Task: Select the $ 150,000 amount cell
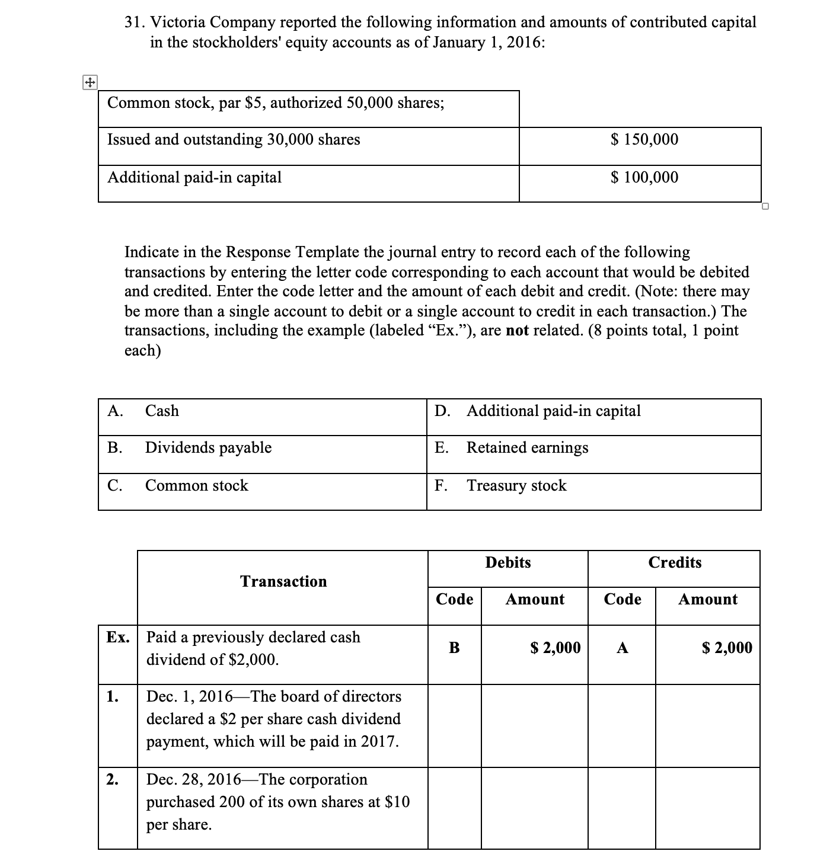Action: [644, 140]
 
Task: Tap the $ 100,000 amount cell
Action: [644, 177]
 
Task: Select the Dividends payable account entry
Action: [208, 448]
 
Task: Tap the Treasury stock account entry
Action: [516, 486]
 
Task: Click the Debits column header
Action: [508, 563]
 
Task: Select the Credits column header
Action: [675, 563]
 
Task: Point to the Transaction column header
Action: [283, 581]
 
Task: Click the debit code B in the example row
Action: [454, 648]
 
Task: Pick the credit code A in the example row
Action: [622, 648]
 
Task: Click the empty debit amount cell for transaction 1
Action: [534, 726]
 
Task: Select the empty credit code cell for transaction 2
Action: [622, 808]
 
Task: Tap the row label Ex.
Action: [117, 638]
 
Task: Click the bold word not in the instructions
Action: [517, 331]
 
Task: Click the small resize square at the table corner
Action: [765, 206]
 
